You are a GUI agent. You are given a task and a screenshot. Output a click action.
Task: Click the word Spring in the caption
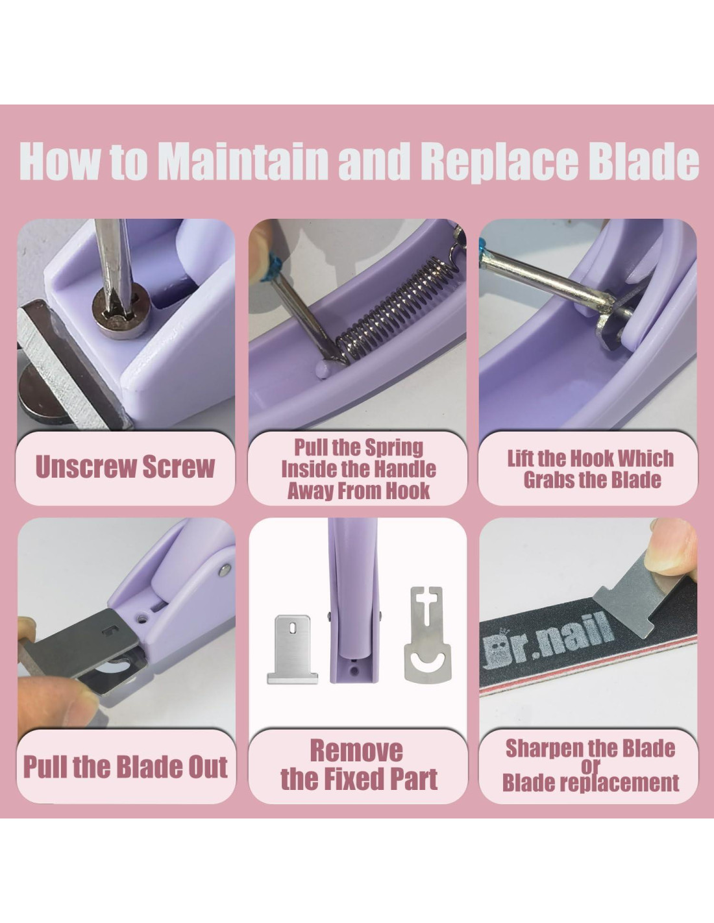[394, 449]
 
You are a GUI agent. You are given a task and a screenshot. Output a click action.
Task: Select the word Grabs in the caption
[547, 480]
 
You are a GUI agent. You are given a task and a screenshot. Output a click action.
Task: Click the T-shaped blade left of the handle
[292, 650]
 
